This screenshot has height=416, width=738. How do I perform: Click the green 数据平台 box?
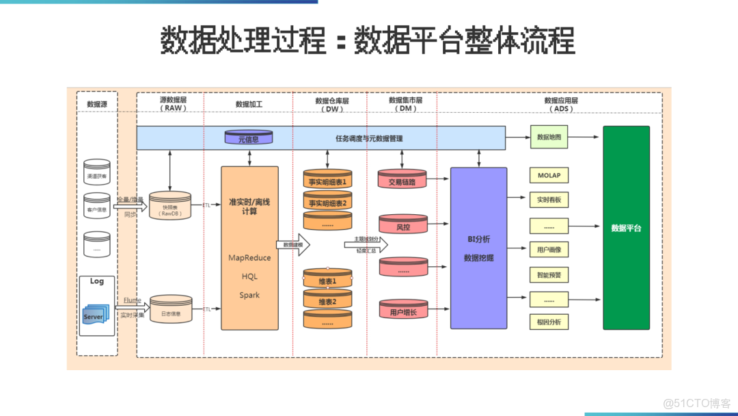[x=626, y=228]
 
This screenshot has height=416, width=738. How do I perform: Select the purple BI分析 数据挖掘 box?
[x=478, y=248]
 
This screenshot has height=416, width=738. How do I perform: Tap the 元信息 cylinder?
[x=248, y=138]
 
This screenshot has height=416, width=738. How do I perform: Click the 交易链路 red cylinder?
[x=402, y=181]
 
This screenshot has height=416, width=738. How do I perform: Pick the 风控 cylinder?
[x=402, y=225]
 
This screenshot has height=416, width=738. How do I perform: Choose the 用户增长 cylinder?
[x=402, y=311]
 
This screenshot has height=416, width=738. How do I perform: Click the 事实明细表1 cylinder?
[x=327, y=181]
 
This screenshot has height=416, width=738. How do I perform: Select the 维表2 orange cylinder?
[x=327, y=300]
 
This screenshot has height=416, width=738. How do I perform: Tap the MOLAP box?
[x=548, y=175]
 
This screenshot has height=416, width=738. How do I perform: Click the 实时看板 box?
[x=548, y=200]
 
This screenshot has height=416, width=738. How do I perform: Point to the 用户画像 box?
[x=548, y=250]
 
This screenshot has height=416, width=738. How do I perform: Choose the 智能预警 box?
[x=548, y=275]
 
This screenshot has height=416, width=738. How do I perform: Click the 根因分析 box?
[x=548, y=322]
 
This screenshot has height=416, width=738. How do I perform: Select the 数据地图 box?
[x=549, y=137]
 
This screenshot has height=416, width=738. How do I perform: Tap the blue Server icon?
[x=93, y=317]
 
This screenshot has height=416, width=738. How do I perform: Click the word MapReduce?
[x=249, y=258]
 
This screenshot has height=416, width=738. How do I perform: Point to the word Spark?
[x=249, y=296]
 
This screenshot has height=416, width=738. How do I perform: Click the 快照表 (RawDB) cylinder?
[x=170, y=207]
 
